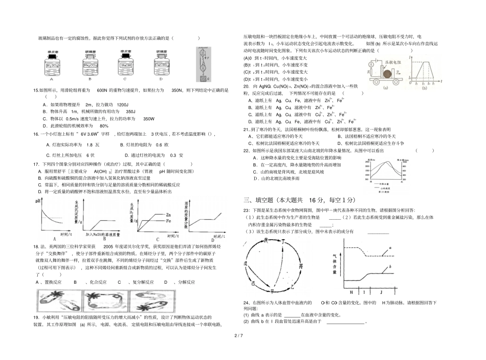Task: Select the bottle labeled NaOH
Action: click(x=125, y=64)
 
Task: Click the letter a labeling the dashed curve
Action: click(x=390, y=247)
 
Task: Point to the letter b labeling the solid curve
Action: click(x=390, y=267)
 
